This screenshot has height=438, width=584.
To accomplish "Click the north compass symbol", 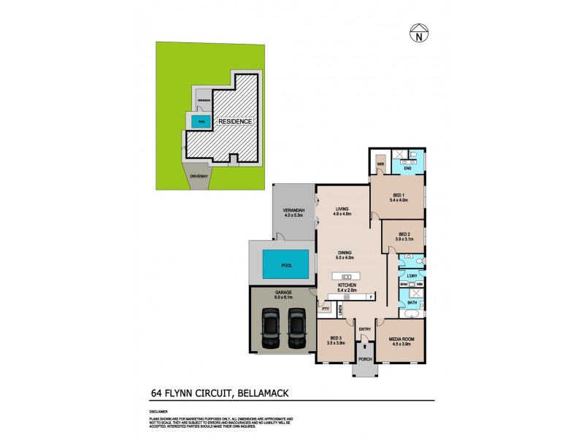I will (418, 33).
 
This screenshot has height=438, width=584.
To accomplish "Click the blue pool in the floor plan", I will (284, 263).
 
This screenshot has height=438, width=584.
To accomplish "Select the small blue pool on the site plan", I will (201, 121).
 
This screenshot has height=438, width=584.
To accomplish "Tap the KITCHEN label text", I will (346, 285).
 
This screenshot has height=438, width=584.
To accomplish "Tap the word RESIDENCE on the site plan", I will (235, 122).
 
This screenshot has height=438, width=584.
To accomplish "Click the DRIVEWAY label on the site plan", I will (199, 176).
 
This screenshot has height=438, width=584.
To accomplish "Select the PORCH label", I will (364, 359).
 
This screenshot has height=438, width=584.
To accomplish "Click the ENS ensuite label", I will (408, 169).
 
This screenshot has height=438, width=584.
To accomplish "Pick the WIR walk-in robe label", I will (380, 165).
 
